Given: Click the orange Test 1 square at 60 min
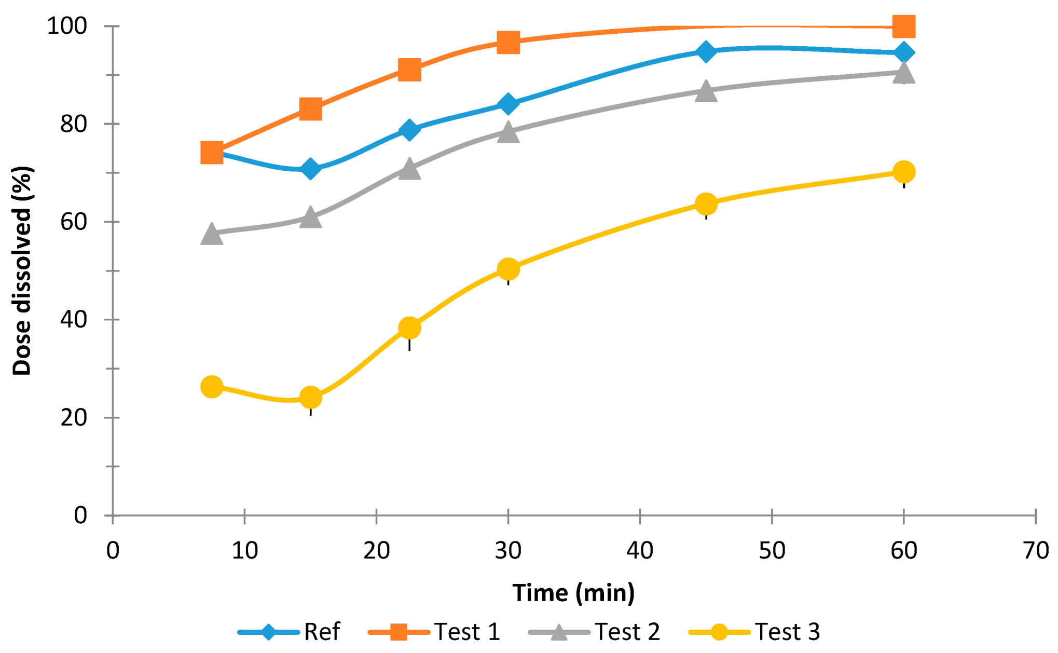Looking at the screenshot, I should (x=903, y=26).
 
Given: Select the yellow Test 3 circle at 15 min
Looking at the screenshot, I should (x=310, y=398).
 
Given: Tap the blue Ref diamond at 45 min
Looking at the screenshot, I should (x=706, y=52).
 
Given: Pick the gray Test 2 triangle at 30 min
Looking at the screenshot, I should (x=508, y=132).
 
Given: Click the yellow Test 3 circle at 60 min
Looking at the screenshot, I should (x=903, y=172).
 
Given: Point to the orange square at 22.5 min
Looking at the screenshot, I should (x=409, y=70).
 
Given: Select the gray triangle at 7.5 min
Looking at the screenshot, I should (x=212, y=235).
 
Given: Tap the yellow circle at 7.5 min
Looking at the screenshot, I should (x=212, y=387).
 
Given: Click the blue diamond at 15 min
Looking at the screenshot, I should (x=310, y=169).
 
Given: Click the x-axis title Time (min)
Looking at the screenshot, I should (x=573, y=593).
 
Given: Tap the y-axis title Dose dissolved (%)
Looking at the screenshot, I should (x=22, y=270).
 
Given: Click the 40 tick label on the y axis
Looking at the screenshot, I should (x=73, y=320).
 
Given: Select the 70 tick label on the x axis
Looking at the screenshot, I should (x=1036, y=551).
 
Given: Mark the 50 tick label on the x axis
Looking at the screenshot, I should (x=772, y=551).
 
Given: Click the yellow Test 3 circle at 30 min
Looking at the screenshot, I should (x=508, y=269).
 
